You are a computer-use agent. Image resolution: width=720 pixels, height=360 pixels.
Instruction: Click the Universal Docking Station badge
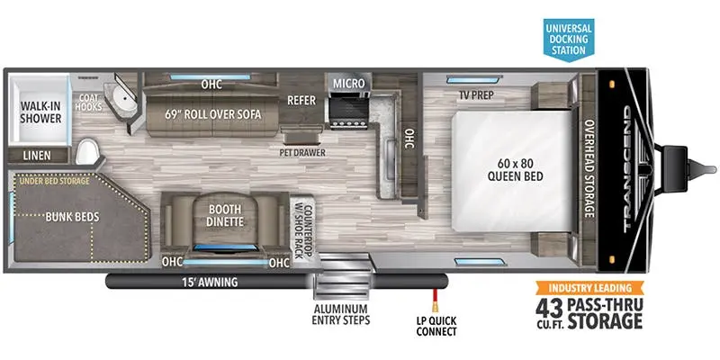569,40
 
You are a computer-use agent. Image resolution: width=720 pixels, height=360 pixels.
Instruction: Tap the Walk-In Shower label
40,112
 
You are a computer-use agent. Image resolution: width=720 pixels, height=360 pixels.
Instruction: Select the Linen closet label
37,156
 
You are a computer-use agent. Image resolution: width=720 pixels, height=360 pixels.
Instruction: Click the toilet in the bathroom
86,152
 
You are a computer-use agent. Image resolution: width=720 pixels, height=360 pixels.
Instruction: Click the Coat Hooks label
90,103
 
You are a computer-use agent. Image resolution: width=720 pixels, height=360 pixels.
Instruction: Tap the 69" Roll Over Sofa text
213,114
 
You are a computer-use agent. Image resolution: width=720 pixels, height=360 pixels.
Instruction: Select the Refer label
301,100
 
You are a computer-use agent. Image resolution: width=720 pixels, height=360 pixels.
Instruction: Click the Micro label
349,84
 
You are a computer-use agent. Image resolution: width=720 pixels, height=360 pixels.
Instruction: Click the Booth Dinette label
225,215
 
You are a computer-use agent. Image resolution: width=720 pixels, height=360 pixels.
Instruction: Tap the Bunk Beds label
72,217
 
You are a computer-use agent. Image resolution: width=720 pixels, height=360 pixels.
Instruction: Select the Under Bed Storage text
55,182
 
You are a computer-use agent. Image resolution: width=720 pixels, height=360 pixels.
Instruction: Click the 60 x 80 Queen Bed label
515,168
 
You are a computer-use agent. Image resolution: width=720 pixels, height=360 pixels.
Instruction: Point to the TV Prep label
476,95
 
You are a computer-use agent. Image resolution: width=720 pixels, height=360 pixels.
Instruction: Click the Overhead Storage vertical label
589,169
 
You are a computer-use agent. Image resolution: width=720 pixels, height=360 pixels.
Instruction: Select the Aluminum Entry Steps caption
341,314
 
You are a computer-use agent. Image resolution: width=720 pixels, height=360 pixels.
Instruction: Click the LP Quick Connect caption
436,326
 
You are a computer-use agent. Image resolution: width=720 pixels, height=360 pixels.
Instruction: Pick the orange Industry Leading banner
589,288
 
